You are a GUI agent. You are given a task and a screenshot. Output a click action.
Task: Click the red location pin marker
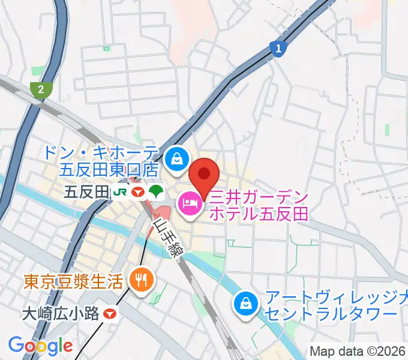tap(203, 176)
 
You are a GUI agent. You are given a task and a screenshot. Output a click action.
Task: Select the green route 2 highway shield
tap(40, 89)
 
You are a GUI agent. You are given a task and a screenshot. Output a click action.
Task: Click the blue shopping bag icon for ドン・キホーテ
tap(177, 158)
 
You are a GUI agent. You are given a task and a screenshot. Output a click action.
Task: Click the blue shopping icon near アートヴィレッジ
tap(246, 305)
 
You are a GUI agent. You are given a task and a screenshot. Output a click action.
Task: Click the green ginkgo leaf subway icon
tap(157, 192)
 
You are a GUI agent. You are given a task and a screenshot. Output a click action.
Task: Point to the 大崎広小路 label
tap(60, 313)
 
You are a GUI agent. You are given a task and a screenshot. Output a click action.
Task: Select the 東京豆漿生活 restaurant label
tap(73, 280)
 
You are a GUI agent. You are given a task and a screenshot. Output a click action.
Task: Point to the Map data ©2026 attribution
tap(356, 351)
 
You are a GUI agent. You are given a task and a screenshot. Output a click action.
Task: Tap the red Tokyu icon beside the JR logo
tap(139, 192)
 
